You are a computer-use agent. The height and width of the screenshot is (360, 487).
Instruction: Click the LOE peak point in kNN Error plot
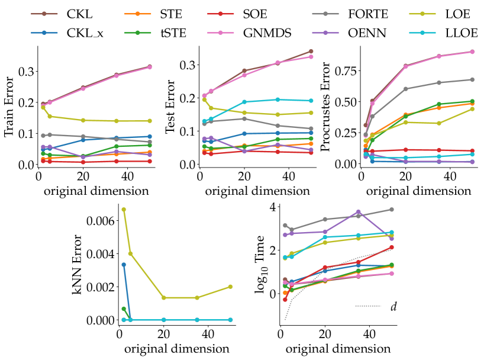point(124,209)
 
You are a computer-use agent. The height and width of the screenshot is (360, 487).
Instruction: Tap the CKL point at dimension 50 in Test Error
point(311,51)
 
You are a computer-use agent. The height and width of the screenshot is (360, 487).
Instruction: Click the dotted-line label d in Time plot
point(394,306)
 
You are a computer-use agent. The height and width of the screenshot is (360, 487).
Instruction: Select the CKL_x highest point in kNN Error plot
point(124,264)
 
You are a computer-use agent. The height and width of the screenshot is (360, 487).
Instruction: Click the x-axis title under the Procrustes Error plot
point(418,191)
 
